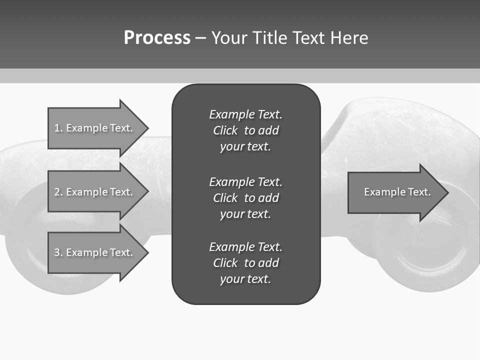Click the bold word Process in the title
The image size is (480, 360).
tap(157, 38)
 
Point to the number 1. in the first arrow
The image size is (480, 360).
tap(58, 128)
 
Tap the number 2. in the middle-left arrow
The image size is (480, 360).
tap(58, 192)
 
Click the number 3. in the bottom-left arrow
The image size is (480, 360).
tap(58, 252)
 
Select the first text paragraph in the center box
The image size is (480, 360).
tap(245, 130)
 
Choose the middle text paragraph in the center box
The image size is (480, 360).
tap(245, 198)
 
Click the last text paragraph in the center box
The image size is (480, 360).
tap(245, 263)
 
